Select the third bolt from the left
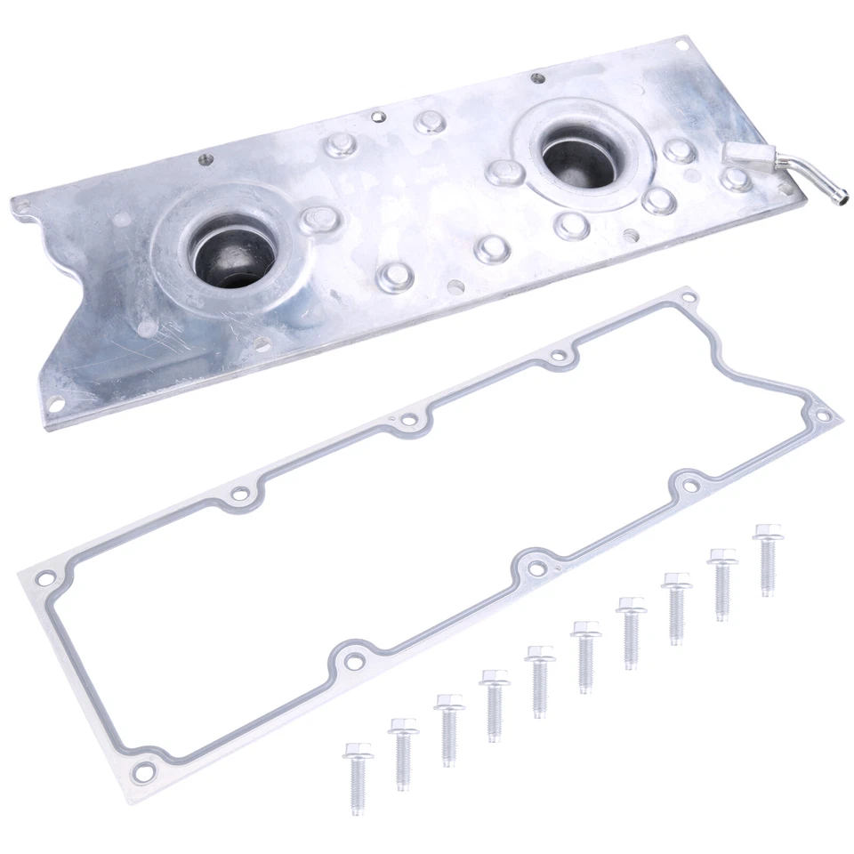coord(449,729)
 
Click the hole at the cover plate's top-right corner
coord(682,44)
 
